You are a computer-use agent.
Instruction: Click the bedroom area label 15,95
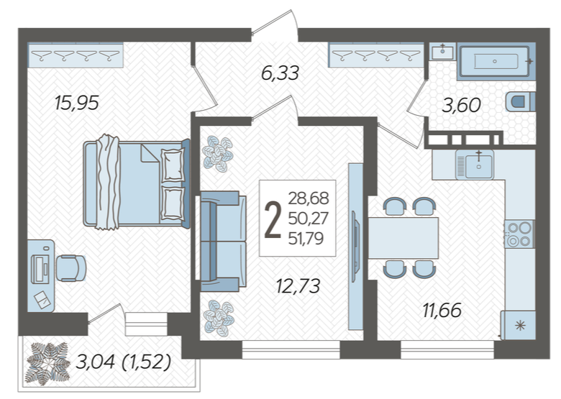pos(76,103)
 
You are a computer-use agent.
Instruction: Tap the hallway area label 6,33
pos(280,73)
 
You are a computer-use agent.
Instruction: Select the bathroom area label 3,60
pos(461,106)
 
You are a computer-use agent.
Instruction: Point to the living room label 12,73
pos(298,286)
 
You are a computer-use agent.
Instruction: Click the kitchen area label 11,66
pos(442,311)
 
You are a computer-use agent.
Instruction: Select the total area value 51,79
pos(306,238)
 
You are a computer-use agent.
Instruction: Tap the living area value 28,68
pos(309,198)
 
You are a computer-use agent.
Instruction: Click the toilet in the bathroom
pos(521,101)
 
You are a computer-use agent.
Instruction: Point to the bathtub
pos(496,62)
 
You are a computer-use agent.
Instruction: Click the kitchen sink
pos(475,165)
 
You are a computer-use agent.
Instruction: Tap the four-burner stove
pos(519,234)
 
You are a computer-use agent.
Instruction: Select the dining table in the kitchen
pos(403,238)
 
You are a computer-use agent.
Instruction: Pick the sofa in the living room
pos(223,242)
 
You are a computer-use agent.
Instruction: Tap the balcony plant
pos(48,364)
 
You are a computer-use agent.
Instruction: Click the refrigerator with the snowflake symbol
pos(518,325)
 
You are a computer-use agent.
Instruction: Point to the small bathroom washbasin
pos(442,52)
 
